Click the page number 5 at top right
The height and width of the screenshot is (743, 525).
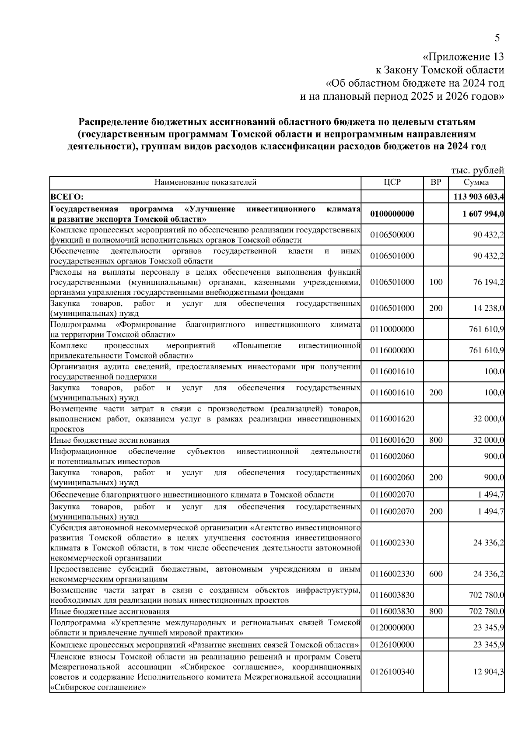pyautogui.click(x=497, y=38)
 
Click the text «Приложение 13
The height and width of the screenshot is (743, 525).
pyautogui.click(x=463, y=57)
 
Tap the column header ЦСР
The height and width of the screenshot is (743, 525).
pyautogui.click(x=392, y=182)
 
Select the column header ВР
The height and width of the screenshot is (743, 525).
pyautogui.click(x=436, y=182)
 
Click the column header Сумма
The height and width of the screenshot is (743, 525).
pyautogui.click(x=476, y=182)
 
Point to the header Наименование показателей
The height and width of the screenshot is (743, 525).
pyautogui.click(x=205, y=182)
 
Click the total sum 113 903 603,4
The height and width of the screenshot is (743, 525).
pyautogui.click(x=478, y=197)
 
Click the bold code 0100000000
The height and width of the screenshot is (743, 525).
pyautogui.click(x=392, y=214)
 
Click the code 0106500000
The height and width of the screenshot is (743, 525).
pyautogui.click(x=392, y=235)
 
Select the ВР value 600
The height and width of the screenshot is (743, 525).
pyautogui.click(x=436, y=574)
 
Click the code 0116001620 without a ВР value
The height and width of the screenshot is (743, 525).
pyautogui.click(x=392, y=419)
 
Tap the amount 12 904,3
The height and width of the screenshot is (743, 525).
pyautogui.click(x=488, y=672)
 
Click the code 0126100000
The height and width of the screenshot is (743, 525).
pyautogui.click(x=392, y=645)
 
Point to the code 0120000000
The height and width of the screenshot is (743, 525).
pyautogui.click(x=392, y=628)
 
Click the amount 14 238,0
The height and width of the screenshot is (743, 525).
pyautogui.click(x=488, y=308)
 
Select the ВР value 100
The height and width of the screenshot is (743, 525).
pyautogui.click(x=436, y=282)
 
